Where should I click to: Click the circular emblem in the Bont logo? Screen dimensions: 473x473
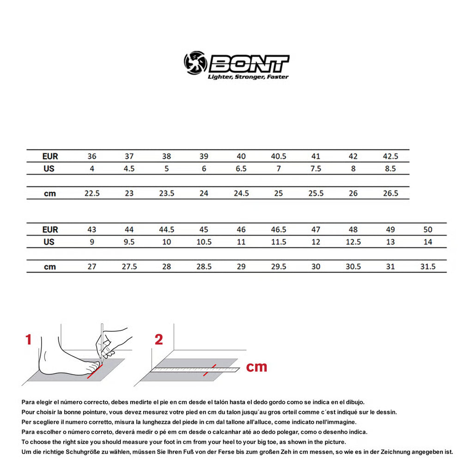pos(195,63)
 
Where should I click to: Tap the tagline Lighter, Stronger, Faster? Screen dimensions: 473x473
pos(248,77)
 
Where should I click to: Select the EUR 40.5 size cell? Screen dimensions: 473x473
pos(278,156)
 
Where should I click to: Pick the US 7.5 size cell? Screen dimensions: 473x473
pos(315,169)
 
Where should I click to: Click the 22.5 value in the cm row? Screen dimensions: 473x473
pos(92,193)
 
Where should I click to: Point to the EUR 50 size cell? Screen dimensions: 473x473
pos(428,230)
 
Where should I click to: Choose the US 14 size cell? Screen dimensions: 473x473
pos(428,242)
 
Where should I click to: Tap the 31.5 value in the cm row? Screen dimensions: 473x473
pos(428,267)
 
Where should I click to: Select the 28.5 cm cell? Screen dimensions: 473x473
pos(204,267)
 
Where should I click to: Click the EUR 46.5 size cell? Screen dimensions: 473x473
pos(278,230)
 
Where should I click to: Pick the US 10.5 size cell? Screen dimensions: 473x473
pos(204,242)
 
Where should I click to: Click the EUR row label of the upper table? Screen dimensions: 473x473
pos(50,156)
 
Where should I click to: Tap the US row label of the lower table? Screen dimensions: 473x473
pos(49,242)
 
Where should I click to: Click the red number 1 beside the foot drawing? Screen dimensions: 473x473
pos(29,340)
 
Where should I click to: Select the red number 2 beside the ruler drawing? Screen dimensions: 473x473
pos(158,340)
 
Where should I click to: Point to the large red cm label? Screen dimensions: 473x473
pos(256,367)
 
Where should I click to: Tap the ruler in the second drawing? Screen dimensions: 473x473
pos(196,369)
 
